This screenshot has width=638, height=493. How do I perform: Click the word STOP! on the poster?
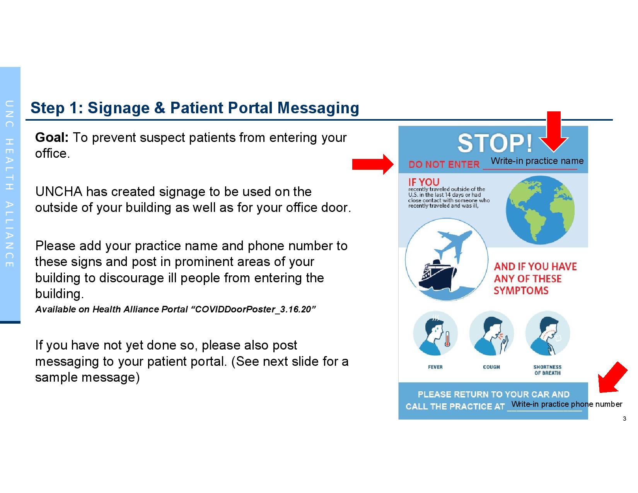[495, 143]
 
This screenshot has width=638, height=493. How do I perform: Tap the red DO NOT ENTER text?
[444, 164]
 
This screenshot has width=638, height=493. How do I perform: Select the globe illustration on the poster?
[540, 210]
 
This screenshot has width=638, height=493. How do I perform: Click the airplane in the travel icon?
[453, 245]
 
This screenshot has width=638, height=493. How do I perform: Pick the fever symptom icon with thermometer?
[435, 333]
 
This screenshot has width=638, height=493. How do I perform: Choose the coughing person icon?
[491, 333]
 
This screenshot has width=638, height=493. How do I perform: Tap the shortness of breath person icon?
[548, 333]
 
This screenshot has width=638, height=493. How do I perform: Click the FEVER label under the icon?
[435, 367]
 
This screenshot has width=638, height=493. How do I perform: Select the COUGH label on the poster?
[491, 367]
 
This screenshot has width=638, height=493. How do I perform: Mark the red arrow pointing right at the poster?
[373, 164]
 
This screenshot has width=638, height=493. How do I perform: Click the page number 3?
[624, 419]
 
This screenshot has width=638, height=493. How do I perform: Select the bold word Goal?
[52, 137]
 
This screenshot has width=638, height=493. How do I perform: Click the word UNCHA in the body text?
[59, 192]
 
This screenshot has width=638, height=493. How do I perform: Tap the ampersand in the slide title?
[160, 108]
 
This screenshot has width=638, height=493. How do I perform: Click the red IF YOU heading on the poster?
[424, 183]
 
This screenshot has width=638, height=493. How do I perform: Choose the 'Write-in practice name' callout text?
[537, 161]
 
